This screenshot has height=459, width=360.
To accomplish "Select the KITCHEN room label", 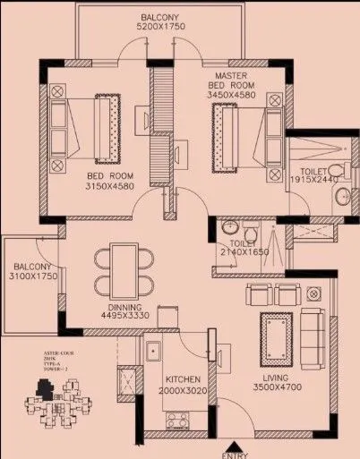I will [x=179, y=380].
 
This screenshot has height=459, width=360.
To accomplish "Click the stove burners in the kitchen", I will [x=177, y=418].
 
